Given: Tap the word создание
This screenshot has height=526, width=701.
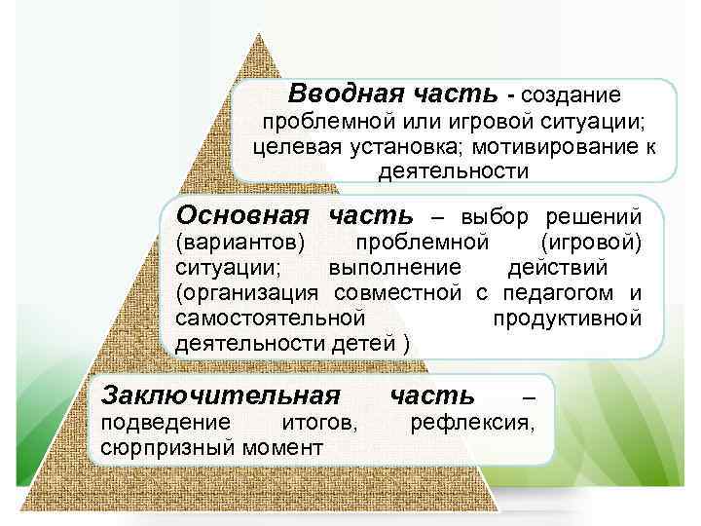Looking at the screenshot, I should click(x=572, y=95).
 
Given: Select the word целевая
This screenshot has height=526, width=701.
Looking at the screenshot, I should click(x=291, y=147).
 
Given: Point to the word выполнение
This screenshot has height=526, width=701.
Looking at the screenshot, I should click(x=392, y=267).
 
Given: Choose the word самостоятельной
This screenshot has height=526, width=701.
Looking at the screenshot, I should click(x=271, y=319).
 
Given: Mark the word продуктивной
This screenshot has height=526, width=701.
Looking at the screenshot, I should click(x=567, y=319).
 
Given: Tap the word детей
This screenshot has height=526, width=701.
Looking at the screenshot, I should click(x=363, y=344).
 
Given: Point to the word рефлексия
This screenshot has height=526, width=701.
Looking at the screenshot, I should click(x=473, y=423).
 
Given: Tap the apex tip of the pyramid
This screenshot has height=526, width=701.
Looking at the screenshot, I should click(x=259, y=35).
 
